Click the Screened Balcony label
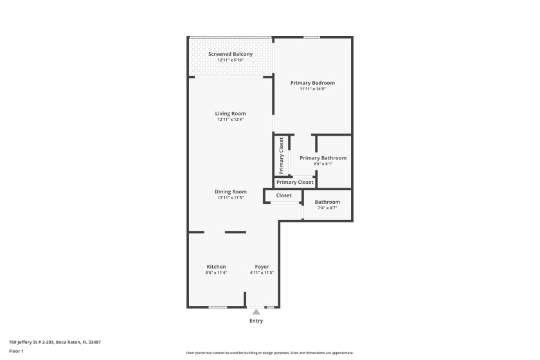coord(230,54)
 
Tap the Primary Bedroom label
coord(312,83)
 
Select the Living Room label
coord(230,114)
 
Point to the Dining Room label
coord(230,192)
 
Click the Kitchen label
coord(216,267)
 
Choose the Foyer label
coord(262,267)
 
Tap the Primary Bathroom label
coord(323,158)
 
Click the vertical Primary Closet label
coord(282,156)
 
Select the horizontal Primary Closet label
coord(294,183)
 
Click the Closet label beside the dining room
coord(283,195)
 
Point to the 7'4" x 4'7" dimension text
coord(327,208)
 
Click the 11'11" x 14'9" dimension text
coord(312,89)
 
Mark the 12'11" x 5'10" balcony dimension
coord(230,60)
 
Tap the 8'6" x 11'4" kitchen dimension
coord(216,273)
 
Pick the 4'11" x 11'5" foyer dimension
coord(262,273)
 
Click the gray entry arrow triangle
coord(256,312)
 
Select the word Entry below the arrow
coord(256,321)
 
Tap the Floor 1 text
coord(16,351)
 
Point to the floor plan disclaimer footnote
coord(270,353)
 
